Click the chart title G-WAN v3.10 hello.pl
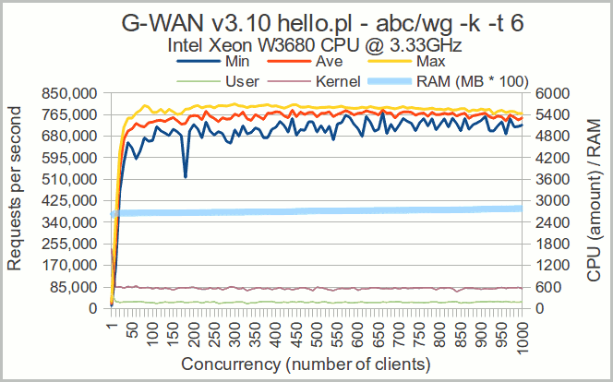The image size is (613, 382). pyautogui.click(x=322, y=23)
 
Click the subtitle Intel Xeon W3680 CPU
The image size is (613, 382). pyautogui.click(x=315, y=43)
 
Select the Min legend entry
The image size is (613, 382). pyautogui.click(x=236, y=61)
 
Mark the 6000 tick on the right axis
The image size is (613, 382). pyautogui.click(x=543, y=93)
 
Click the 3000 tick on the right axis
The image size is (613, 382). pyautogui.click(x=543, y=200)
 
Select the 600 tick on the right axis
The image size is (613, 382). pyautogui.click(x=539, y=286)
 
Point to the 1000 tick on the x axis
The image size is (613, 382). pyautogui.click(x=522, y=331)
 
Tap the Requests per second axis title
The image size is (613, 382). pyautogui.click(x=16, y=200)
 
